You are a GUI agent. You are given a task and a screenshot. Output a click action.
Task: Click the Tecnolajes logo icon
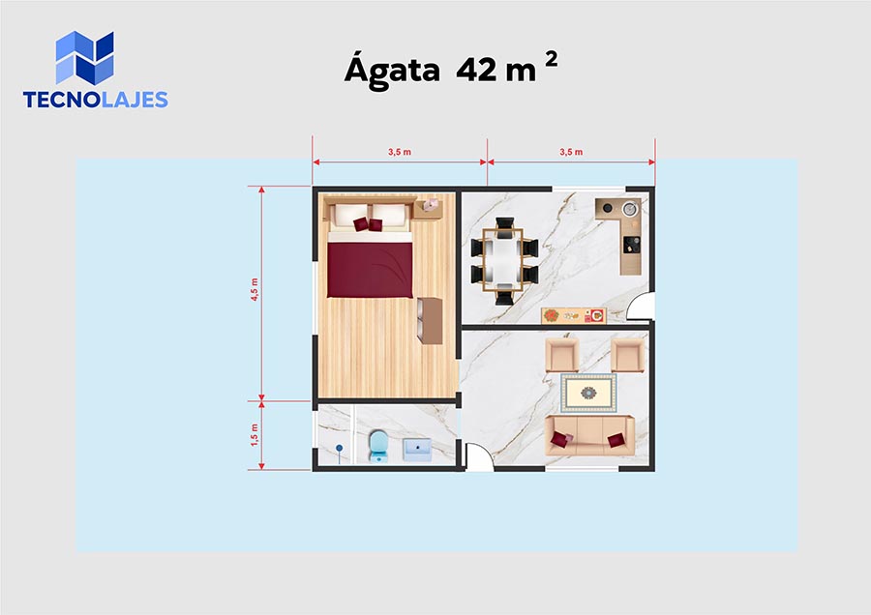point(84,57)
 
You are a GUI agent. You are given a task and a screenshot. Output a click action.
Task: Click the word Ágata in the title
point(392,70)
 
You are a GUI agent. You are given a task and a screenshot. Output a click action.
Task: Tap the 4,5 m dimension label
point(255,289)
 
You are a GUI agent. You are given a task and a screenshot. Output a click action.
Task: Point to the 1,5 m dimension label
point(255,434)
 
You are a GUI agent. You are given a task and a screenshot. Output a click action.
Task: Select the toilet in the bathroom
point(378,447)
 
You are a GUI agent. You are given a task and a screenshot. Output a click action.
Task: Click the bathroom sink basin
point(417,449)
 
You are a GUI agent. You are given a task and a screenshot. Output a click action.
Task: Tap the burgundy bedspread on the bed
point(370,270)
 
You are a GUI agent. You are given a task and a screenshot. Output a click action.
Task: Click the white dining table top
point(503,260)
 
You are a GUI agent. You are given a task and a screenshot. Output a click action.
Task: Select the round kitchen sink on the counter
point(629,209)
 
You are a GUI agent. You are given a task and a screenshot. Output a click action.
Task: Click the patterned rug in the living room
point(588,393)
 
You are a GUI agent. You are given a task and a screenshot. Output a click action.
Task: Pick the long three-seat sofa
point(589,435)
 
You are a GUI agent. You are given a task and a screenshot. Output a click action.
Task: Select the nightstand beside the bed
point(428,209)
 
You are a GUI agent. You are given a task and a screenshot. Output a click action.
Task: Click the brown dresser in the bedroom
point(430,321)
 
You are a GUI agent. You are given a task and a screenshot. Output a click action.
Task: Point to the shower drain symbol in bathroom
point(340,448)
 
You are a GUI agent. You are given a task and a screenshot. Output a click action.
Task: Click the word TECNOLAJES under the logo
point(96,100)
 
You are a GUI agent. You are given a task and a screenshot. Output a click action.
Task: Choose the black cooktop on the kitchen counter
point(631,245)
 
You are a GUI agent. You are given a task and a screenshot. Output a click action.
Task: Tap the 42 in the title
point(476,70)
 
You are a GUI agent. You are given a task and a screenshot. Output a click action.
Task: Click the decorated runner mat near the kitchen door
point(573,315)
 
